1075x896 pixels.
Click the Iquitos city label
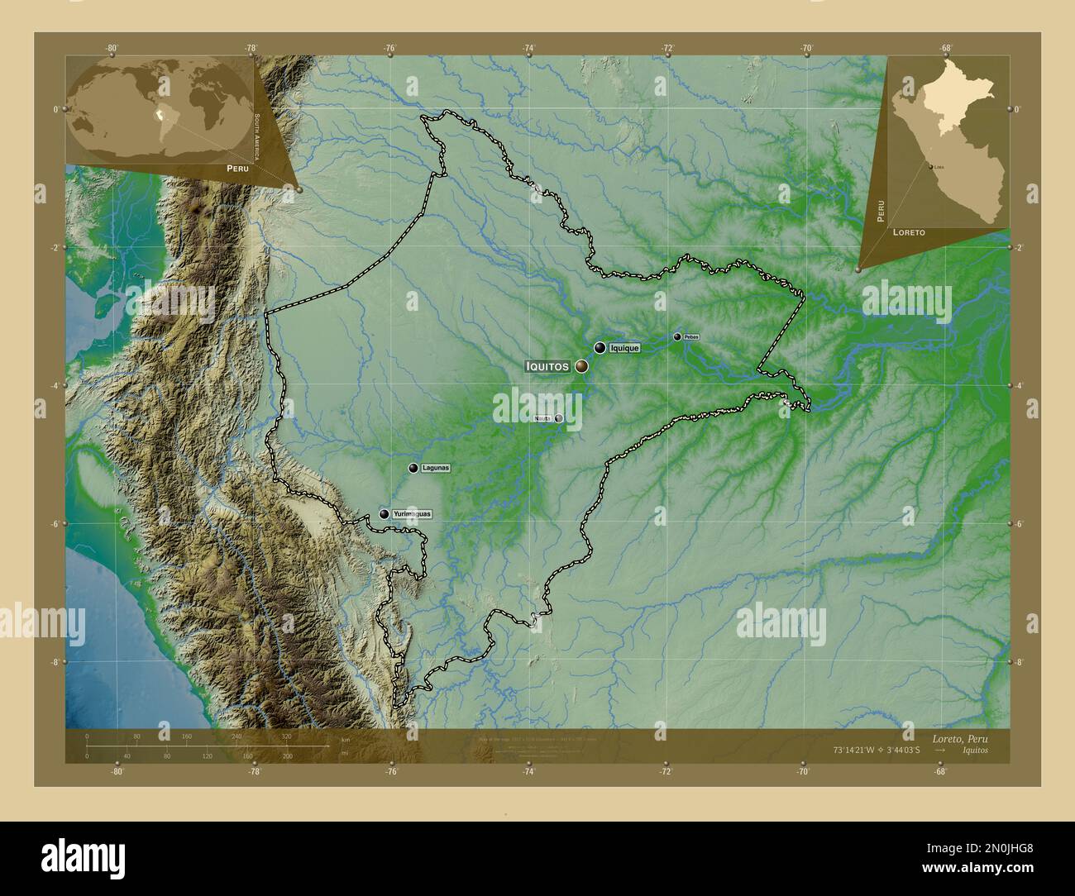click(547, 365)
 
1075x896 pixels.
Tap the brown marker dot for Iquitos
click(581, 366)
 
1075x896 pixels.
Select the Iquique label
click(624, 349)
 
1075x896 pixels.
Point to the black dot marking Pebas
click(677, 336)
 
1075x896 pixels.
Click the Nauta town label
click(543, 418)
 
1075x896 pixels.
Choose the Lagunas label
click(436, 468)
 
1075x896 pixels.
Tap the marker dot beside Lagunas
click(413, 468)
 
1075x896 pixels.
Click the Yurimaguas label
click(412, 514)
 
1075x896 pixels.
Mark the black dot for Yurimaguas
click(385, 514)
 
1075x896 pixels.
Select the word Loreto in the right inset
click(909, 234)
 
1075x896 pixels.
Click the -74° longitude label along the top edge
click(528, 48)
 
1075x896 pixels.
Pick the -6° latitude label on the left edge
click(55, 523)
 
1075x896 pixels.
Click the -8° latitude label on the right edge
click(1019, 662)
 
